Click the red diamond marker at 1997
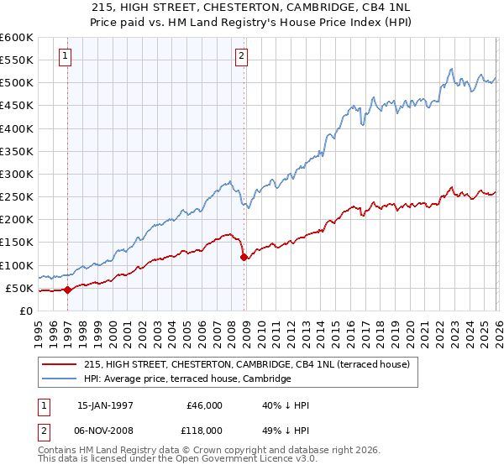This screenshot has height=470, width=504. pos(67,290)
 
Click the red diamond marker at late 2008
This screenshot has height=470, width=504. pos(244,257)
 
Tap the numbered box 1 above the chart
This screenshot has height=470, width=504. pos(66,56)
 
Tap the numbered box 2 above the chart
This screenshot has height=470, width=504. pos(241,56)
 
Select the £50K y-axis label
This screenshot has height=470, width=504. pos(20,289)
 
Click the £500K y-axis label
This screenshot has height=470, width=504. pos(18,83)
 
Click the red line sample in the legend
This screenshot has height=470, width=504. pos(60,364)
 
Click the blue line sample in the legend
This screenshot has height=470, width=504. pos(60,379)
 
